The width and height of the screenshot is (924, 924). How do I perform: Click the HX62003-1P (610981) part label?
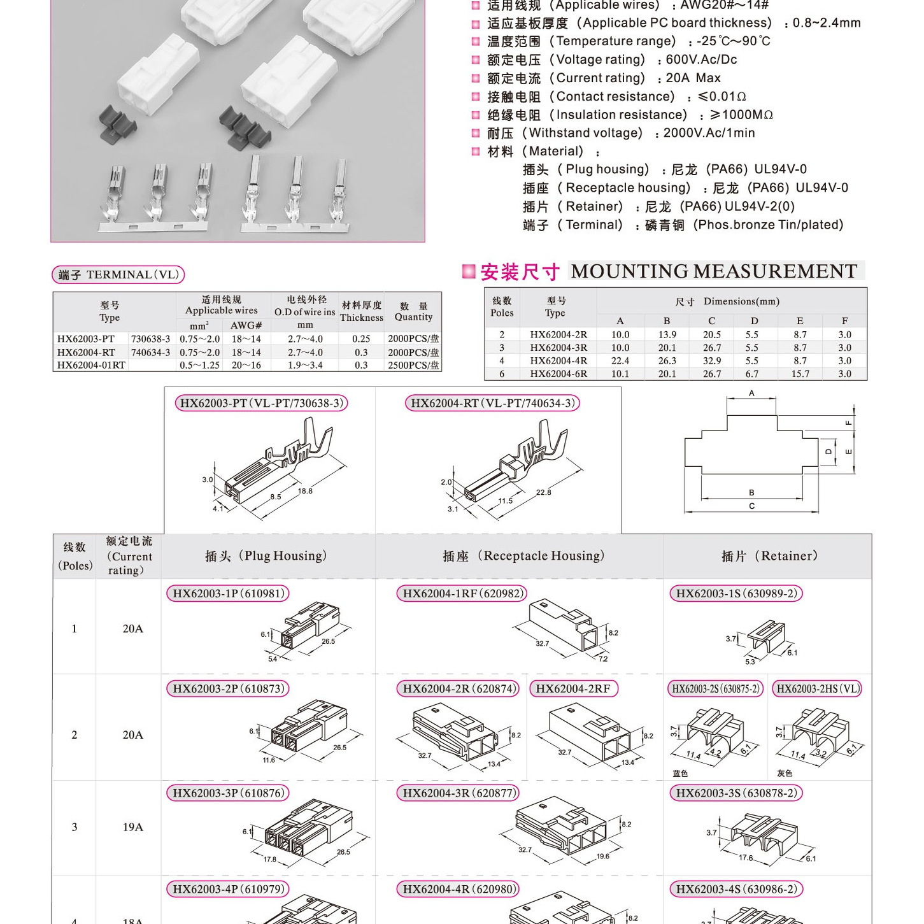tap(227, 593)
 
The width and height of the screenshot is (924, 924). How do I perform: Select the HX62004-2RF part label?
tap(572, 688)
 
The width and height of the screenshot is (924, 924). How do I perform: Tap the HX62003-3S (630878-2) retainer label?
tap(736, 793)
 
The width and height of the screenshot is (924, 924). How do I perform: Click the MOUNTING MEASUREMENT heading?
tap(714, 271)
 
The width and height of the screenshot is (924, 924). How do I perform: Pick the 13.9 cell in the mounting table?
tap(667, 334)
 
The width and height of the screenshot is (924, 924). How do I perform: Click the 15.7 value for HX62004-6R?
tap(800, 374)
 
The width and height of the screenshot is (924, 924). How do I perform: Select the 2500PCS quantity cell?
tap(413, 365)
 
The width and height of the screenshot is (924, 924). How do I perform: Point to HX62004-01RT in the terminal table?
tap(91, 365)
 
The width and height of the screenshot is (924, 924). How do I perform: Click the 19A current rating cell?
tap(132, 827)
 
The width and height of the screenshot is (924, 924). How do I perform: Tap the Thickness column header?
tap(361, 311)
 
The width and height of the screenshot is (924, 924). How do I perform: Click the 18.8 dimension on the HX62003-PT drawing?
tap(305, 491)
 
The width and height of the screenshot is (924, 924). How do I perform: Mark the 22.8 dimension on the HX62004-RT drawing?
tap(543, 492)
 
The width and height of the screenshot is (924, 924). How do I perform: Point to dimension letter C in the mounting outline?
tap(751, 506)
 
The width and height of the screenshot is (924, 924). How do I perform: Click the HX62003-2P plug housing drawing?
tap(309, 729)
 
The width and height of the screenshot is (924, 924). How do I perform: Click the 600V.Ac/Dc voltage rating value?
tap(701, 60)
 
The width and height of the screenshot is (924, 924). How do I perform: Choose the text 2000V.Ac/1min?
tap(709, 133)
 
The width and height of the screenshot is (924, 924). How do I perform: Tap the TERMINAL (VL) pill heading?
tap(118, 274)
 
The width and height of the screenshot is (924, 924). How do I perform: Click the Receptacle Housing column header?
tap(523, 556)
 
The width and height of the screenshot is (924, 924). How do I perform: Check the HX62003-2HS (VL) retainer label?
tap(817, 688)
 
